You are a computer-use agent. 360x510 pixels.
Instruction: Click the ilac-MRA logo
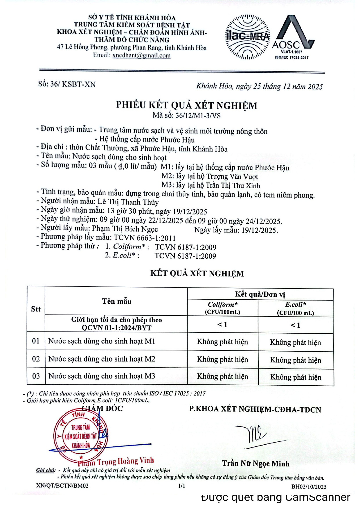click(x=248, y=37)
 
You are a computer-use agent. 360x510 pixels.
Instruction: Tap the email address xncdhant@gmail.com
click(x=141, y=55)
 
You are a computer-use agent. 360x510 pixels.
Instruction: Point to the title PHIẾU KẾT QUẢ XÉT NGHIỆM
click(x=186, y=105)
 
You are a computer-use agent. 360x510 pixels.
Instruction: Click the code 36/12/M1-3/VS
click(x=198, y=116)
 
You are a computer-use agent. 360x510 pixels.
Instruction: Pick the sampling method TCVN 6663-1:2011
click(x=145, y=238)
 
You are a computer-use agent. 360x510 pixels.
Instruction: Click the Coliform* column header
click(x=223, y=307)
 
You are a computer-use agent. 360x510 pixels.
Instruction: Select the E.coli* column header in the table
click(x=296, y=308)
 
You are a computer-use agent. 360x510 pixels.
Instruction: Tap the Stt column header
click(x=36, y=309)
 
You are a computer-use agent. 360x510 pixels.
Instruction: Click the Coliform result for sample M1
click(x=223, y=342)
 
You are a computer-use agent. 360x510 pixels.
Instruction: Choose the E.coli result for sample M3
click(x=296, y=377)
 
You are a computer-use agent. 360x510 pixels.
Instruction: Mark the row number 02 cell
click(x=36, y=359)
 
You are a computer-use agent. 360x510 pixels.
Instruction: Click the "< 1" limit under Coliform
click(x=223, y=325)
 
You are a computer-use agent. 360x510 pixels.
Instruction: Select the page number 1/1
click(x=181, y=486)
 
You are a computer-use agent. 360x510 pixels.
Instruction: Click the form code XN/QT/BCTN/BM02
click(x=62, y=486)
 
